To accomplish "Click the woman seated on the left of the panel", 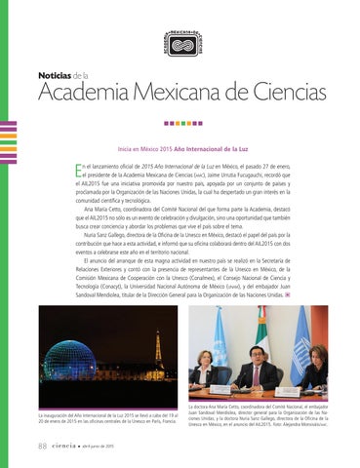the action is pyautogui.click(x=207, y=374).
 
